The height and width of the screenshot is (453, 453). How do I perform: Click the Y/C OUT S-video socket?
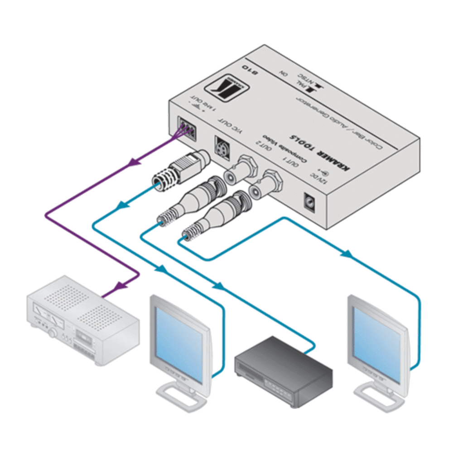(222, 148)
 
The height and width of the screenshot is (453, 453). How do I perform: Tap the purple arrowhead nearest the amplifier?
(120, 286)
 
